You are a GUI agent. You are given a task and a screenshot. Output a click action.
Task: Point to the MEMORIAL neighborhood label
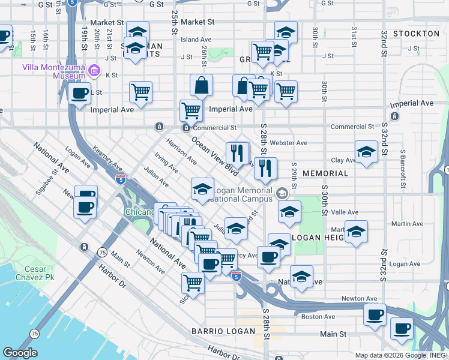(325, 173)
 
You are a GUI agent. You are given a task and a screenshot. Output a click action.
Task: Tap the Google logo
(20, 353)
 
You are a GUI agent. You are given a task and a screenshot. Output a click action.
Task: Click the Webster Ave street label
(289, 143)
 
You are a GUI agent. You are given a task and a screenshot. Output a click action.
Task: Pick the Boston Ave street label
(318, 316)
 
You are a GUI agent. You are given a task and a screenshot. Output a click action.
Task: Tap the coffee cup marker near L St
(80, 93)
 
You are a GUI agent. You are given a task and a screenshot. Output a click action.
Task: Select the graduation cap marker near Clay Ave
(366, 151)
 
